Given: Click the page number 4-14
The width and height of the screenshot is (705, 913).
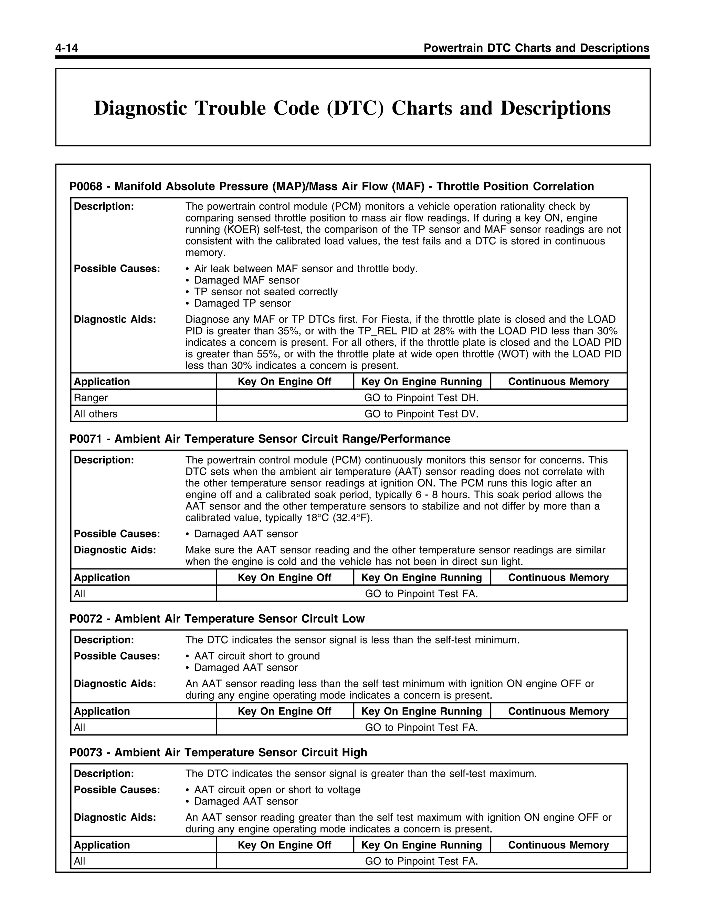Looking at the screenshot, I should pos(67,48).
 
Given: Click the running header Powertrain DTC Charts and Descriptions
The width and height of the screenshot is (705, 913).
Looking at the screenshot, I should pos(536,48).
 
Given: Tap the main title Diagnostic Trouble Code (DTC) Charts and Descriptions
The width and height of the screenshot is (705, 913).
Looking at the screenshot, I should pos(352,108).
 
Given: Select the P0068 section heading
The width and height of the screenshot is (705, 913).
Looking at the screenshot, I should pos(331,186).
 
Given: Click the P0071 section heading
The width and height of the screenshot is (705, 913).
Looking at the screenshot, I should pos(260,439).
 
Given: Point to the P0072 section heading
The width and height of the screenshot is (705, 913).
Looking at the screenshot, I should pos(217,619).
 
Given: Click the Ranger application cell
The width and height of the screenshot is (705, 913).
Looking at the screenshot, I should pos(91,398).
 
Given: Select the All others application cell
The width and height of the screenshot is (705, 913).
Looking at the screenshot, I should pos(96,414).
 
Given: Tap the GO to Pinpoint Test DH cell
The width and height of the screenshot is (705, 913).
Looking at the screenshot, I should pos(421,398).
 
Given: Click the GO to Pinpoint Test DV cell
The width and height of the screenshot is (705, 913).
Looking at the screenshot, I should pos(421,414).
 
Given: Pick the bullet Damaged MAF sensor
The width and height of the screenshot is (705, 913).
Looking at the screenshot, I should pos(246,280).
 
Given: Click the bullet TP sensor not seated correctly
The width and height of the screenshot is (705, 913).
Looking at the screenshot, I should pos(266,292).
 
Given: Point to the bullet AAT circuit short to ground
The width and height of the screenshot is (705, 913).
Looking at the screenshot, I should pos(257,656).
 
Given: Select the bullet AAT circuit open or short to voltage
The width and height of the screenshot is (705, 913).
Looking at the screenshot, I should pos(277,790).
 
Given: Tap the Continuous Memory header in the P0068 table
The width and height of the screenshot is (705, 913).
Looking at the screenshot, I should pos(558,382).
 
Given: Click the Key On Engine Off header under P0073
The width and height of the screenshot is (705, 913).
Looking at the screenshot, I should pos(284,845).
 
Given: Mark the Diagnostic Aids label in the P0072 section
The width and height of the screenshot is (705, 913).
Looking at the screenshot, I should pos(115,684).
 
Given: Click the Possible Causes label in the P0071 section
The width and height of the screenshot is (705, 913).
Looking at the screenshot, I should pos(117,534).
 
